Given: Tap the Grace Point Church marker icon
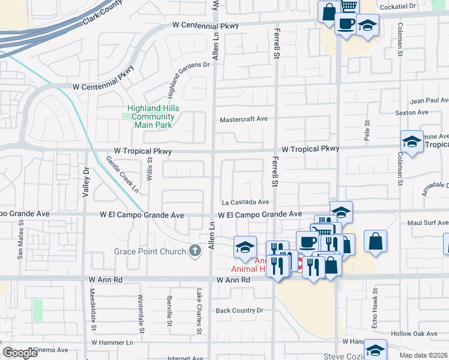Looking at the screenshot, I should (x=194, y=251).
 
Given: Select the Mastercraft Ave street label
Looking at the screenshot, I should (x=243, y=119).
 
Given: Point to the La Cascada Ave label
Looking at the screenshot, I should (x=245, y=202).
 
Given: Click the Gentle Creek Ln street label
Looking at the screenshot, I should (x=123, y=175).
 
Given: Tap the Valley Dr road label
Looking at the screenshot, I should (x=85, y=179).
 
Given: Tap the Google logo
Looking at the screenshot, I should (x=20, y=353).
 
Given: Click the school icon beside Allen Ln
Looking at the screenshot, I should (x=245, y=247).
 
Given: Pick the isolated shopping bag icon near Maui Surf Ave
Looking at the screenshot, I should (x=375, y=241).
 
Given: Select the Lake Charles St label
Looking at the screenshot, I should (x=199, y=310).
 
